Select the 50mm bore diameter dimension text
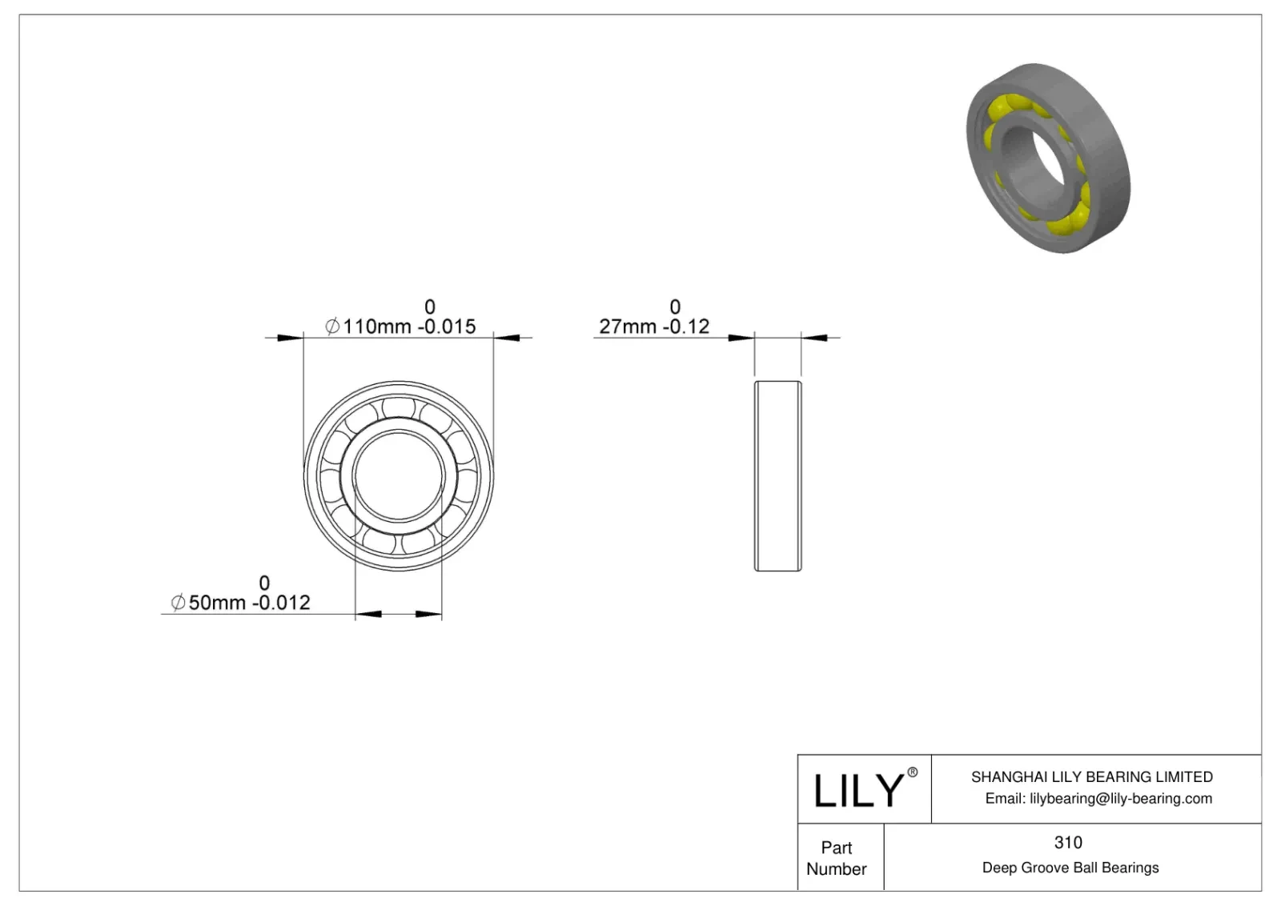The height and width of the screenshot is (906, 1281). coord(217,603)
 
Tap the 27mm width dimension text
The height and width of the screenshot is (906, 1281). coord(628,327)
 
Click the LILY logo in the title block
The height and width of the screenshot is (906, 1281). coord(858,790)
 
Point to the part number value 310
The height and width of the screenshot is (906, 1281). coord(1068,842)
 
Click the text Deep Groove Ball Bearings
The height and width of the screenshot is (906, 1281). coord(1070,868)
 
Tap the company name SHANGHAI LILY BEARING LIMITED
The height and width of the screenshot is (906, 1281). coord(1091,776)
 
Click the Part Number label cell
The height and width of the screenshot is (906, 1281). coord(837,858)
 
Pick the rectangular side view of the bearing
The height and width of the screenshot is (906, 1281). coord(777,476)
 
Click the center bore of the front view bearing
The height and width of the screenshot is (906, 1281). coord(398,476)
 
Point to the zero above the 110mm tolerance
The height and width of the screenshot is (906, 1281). coord(430,307)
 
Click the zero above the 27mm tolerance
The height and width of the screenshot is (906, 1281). coord(675,307)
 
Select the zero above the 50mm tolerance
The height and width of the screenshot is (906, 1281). coord(264,583)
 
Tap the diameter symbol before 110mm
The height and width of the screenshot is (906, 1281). coord(332,327)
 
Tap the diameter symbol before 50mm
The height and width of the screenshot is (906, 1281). coord(178,603)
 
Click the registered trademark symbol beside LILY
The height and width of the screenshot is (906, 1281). coord(912,772)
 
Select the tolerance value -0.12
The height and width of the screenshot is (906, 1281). coord(685,327)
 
